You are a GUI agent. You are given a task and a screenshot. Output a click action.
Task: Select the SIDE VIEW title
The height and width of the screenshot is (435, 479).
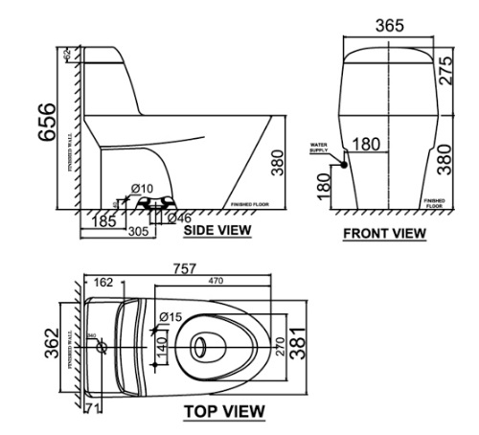coord(217,231)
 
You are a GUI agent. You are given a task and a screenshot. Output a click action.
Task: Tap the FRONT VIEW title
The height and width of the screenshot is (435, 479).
coord(384,233)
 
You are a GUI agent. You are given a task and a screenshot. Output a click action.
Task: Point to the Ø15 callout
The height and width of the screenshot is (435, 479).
coord(170,317)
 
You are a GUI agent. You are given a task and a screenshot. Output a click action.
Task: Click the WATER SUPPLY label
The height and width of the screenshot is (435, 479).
coord(318,149)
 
